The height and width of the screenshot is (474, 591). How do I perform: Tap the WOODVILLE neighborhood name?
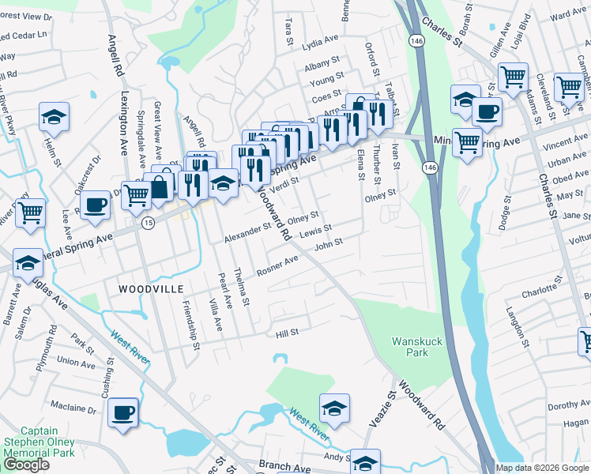144,289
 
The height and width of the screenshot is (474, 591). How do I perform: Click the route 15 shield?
148,224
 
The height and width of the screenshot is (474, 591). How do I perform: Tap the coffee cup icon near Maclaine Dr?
123,412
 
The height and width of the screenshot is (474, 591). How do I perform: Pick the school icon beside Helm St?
54,117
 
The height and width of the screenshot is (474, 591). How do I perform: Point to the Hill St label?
286,333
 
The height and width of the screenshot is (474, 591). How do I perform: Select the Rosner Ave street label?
272,262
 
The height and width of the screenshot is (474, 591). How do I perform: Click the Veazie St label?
390,408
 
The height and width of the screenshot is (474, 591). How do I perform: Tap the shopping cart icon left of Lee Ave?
30,213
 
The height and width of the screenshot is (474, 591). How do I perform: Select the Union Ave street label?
76,363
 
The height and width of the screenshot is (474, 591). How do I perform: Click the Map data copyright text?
541,468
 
